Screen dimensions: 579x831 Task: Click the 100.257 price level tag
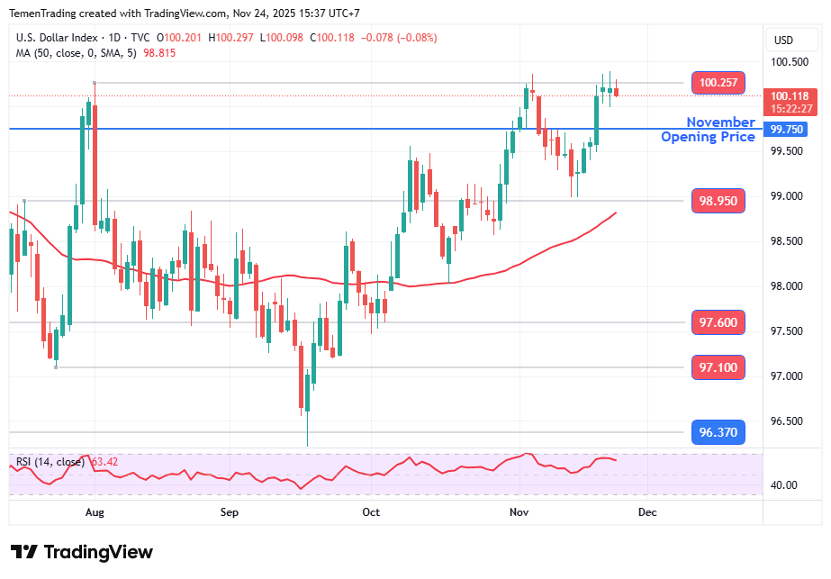(718, 83)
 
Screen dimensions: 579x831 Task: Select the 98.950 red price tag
(718, 200)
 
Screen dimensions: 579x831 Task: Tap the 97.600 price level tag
(718, 322)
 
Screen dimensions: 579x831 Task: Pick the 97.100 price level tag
(718, 367)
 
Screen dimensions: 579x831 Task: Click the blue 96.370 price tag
(718, 433)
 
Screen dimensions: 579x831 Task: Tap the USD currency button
(783, 40)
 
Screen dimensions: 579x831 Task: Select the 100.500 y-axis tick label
(789, 62)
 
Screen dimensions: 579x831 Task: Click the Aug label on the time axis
(95, 512)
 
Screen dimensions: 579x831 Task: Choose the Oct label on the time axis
(371, 512)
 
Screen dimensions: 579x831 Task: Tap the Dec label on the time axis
(646, 512)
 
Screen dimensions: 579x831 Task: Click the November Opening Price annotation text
(710, 130)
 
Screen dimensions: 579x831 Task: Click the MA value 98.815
(159, 53)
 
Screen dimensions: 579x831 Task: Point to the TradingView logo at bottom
(82, 552)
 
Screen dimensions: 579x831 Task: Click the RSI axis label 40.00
(784, 485)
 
